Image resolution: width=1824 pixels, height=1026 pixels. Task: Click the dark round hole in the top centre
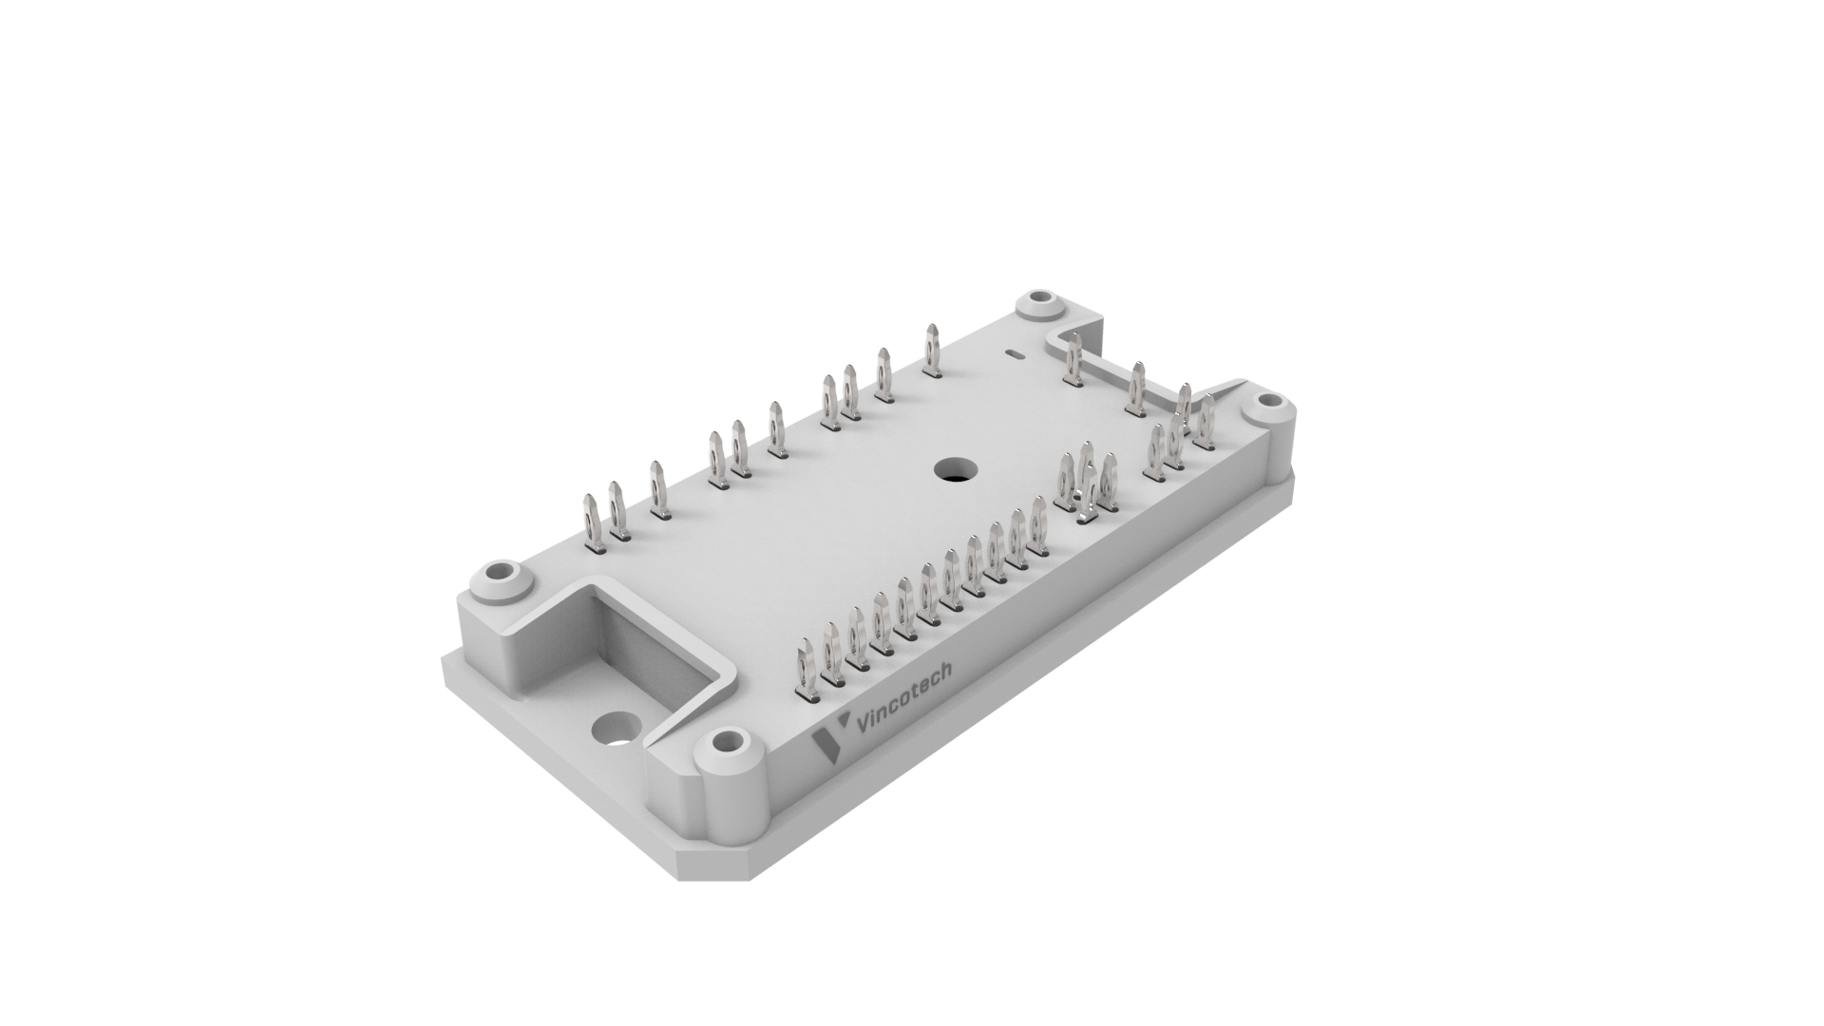(x=955, y=468)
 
